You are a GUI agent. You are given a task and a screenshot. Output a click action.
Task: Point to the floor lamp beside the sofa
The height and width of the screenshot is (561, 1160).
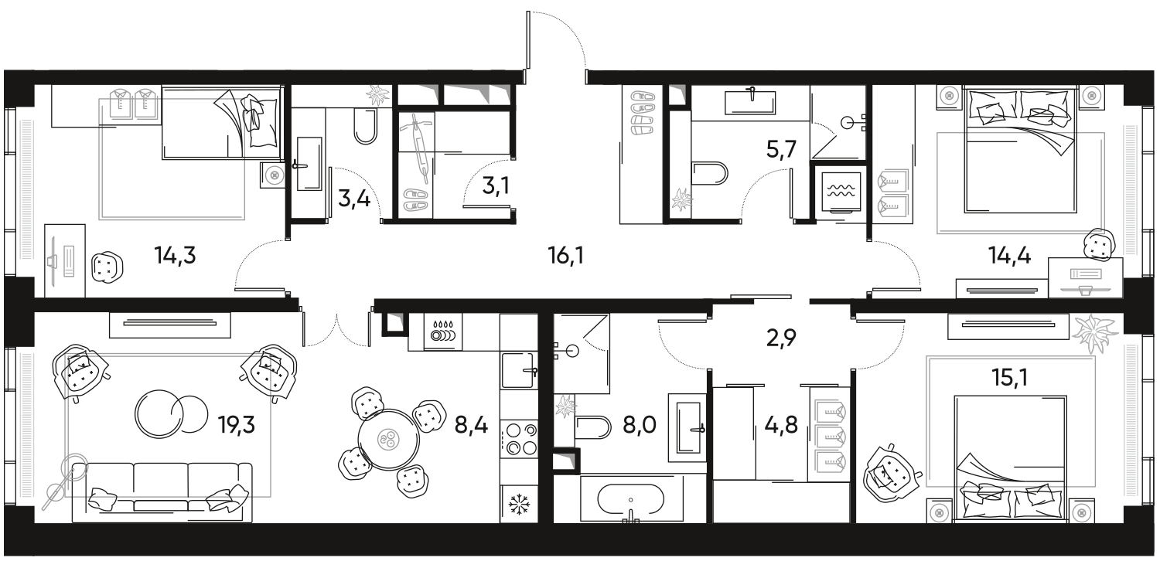67,474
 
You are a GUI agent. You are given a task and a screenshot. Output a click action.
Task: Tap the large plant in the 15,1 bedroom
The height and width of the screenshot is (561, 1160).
1095,330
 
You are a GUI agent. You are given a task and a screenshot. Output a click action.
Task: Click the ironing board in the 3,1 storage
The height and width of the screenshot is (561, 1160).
419,144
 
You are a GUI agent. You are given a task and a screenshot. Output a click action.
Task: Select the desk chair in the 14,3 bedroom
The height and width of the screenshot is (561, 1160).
106,267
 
